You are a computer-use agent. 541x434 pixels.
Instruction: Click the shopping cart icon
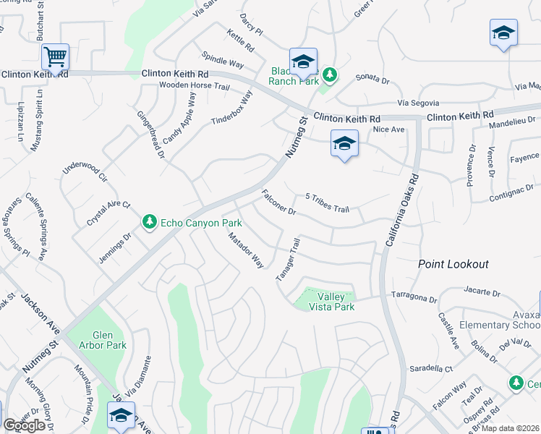(x=55, y=55)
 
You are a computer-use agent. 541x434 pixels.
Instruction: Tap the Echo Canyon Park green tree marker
(x=150, y=221)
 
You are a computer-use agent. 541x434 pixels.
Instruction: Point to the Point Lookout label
(x=453, y=265)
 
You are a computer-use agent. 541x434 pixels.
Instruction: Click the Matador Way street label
(x=246, y=250)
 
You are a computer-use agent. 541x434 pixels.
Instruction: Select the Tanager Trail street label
(x=287, y=260)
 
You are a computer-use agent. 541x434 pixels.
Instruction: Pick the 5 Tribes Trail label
(x=328, y=203)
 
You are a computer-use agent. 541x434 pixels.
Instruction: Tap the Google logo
(x=24, y=425)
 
